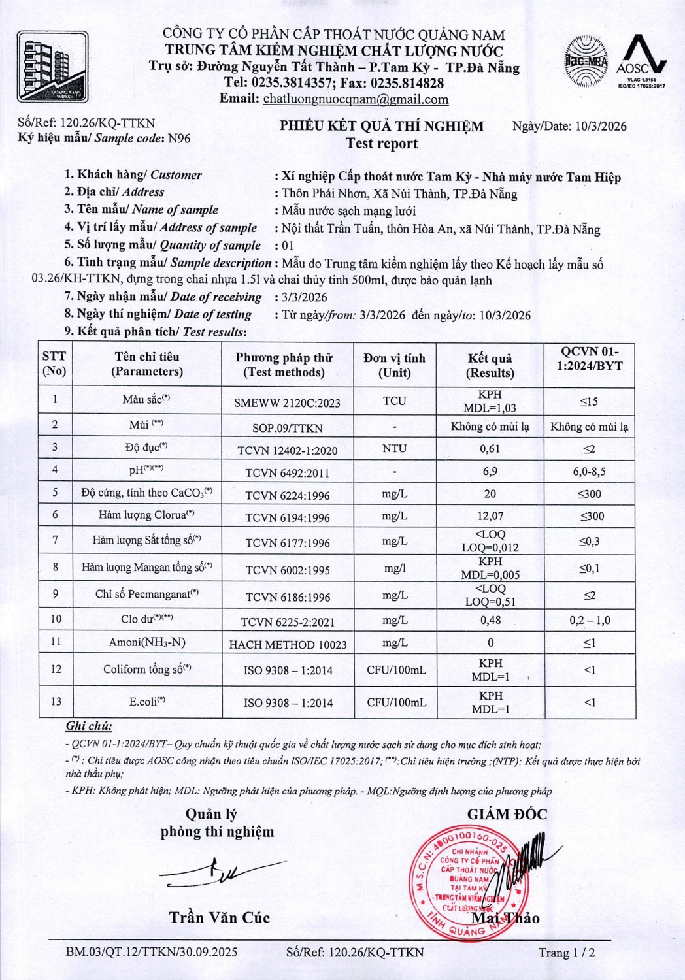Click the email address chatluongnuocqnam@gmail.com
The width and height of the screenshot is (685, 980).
tap(356, 99)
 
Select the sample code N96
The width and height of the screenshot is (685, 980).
tap(179, 138)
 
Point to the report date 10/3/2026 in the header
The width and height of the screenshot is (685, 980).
tap(601, 126)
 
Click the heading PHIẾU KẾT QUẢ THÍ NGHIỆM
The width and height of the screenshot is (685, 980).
tap(382, 126)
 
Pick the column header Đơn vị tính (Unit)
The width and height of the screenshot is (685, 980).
tap(394, 365)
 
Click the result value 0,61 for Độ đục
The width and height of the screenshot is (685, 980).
tap(490, 449)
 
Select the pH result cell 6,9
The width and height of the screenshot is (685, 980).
tap(490, 471)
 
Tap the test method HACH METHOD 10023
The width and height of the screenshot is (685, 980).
tap(288, 645)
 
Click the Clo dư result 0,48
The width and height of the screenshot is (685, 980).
tap(490, 620)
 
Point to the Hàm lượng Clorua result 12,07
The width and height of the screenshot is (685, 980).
tap(490, 516)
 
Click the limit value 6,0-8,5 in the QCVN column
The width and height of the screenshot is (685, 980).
tap(589, 471)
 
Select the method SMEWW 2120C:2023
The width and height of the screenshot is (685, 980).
tap(287, 403)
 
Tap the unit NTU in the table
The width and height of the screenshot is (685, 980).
tap(394, 449)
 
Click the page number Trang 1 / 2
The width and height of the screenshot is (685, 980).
tap(566, 953)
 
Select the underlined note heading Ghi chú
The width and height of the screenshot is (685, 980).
tap(89, 726)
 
